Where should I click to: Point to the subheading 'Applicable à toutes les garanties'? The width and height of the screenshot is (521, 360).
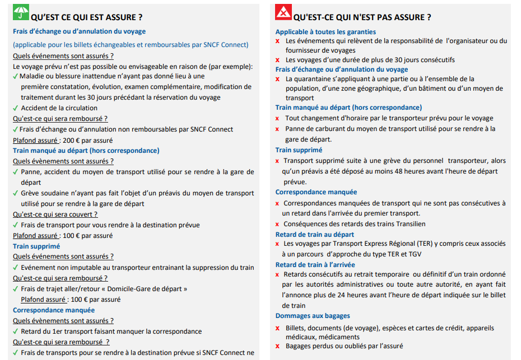pyautogui.click(x=325, y=32)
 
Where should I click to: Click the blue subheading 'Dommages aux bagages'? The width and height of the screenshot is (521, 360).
pyautogui.click(x=313, y=316)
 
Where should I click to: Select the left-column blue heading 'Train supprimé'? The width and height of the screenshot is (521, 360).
pyautogui.click(x=36, y=246)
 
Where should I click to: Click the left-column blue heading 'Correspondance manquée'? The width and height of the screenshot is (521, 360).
pyautogui.click(x=54, y=310)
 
